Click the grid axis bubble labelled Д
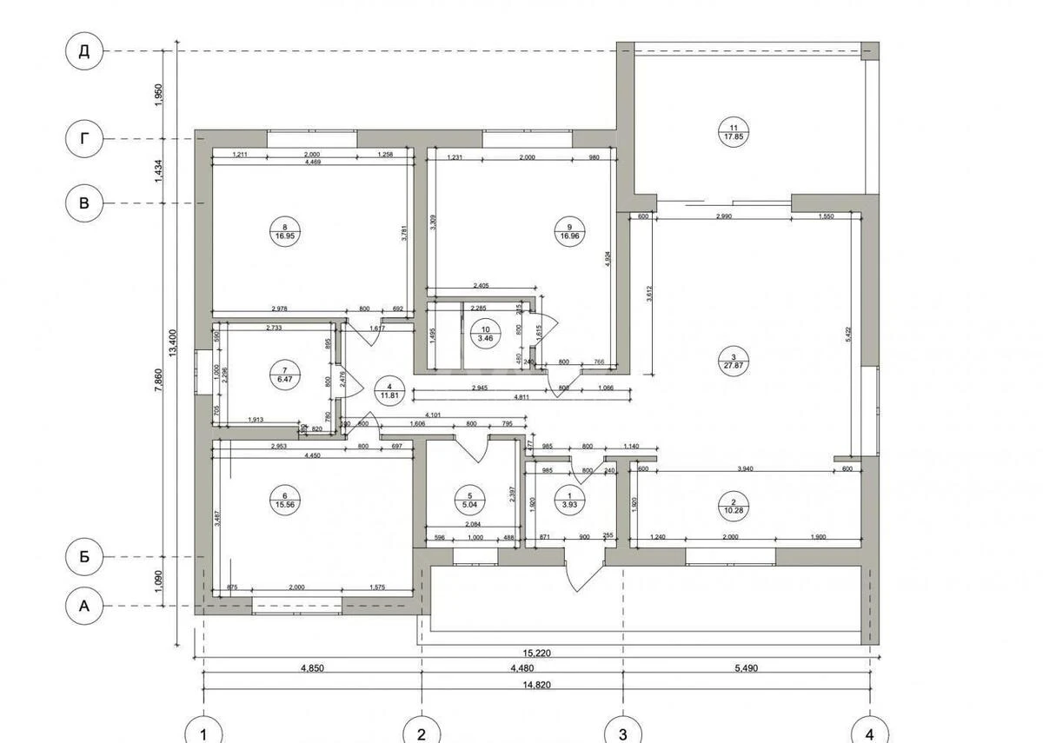pos(84,51)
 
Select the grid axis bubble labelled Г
pos(84,138)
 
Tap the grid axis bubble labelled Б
pos(84,557)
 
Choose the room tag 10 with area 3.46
pos(483,331)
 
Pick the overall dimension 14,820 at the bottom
pos(536,685)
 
